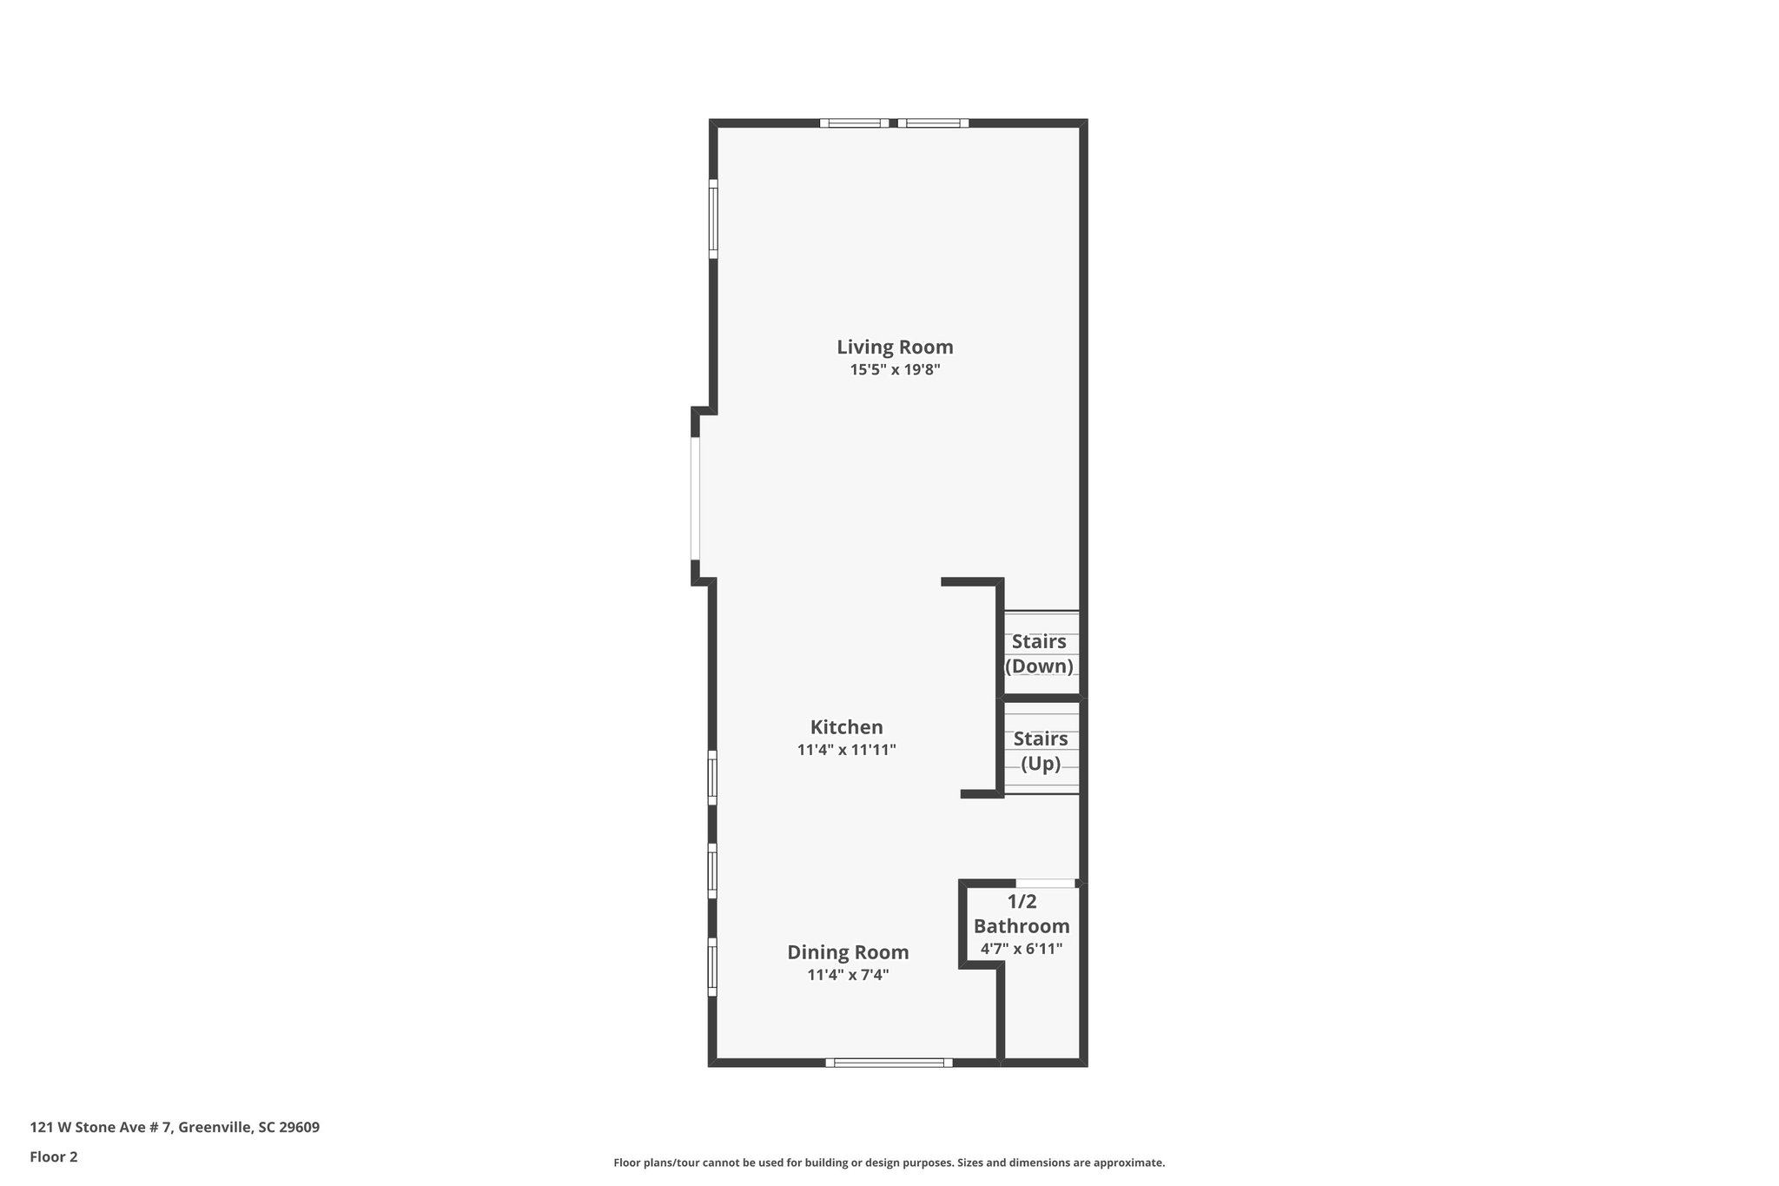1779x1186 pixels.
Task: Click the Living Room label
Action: [895, 347]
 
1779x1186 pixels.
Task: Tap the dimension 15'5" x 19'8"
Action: [895, 369]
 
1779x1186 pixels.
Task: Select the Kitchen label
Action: [846, 727]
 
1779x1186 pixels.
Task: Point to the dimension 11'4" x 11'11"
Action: [846, 750]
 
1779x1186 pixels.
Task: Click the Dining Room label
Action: [848, 952]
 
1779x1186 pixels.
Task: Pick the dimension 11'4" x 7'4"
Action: [848, 975]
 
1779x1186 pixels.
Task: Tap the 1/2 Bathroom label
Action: [1022, 914]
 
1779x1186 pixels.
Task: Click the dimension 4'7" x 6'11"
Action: [1022, 949]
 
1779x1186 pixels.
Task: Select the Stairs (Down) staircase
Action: [1041, 653]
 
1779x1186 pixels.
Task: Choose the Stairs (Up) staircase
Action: [1041, 751]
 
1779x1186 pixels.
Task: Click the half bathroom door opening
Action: [1046, 884]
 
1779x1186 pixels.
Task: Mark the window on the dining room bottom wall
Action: [889, 1062]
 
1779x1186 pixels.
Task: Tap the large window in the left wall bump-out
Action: [696, 498]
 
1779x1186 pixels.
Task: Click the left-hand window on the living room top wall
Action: [855, 123]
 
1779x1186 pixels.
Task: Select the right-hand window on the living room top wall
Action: [933, 123]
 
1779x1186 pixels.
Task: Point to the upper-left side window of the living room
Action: [713, 219]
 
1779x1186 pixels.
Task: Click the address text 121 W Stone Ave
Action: [175, 1127]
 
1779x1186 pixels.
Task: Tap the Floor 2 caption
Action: [54, 1156]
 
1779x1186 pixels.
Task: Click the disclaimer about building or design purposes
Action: [889, 1163]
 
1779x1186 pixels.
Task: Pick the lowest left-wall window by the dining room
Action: [712, 967]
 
